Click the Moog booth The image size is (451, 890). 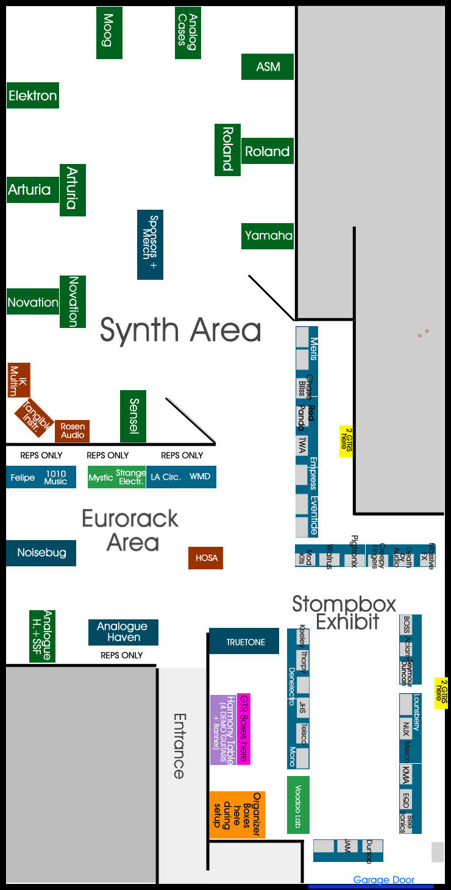point(109,34)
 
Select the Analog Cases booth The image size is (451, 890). point(188,34)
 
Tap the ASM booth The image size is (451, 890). point(268,66)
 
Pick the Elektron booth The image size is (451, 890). point(33,96)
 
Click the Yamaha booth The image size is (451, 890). point(268,236)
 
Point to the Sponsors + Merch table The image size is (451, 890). point(150,244)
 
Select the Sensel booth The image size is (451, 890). point(133,416)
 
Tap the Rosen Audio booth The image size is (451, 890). point(73,431)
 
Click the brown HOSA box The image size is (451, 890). point(205,558)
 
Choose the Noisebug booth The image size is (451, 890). point(41,553)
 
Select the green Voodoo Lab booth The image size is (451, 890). point(298,805)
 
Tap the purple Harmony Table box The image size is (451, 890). point(222,730)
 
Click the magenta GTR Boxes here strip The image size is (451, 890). point(243,728)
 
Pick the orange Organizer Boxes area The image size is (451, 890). point(237,815)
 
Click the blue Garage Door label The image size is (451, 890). point(383,880)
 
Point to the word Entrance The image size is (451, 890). point(178,746)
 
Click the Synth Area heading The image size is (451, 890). point(180,330)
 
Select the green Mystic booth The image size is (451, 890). point(101,477)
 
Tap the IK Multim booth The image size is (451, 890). point(18,380)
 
